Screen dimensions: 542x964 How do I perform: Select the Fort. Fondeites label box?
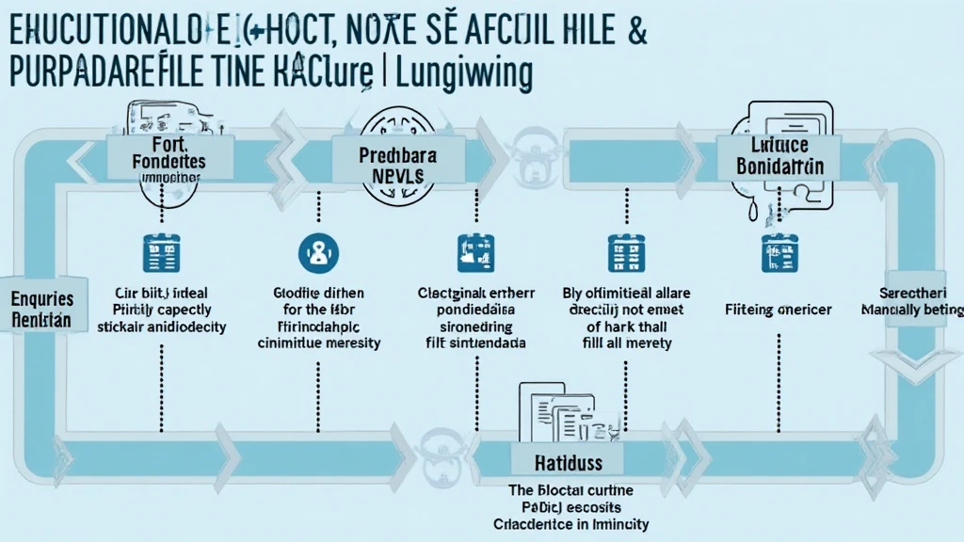(164, 155)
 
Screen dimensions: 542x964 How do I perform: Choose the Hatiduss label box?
(569, 463)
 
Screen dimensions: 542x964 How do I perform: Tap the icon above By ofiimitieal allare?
(622, 251)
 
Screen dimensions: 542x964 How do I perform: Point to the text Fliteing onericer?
(779, 309)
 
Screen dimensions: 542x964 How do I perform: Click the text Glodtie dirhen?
(318, 293)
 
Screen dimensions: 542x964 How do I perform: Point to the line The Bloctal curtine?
(570, 490)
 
